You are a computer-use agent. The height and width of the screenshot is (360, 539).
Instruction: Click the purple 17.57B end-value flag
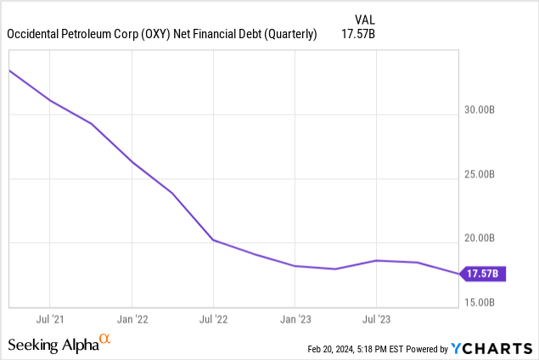pyautogui.click(x=484, y=273)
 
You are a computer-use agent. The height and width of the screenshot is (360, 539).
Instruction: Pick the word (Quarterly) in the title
pyautogui.click(x=288, y=35)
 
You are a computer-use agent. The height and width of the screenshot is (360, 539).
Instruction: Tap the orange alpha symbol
pyautogui.click(x=105, y=340)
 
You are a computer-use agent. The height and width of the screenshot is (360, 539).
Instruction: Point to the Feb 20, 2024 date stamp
pyautogui.click(x=336, y=349)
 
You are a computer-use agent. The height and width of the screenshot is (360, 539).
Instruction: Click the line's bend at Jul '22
pyautogui.click(x=213, y=240)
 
